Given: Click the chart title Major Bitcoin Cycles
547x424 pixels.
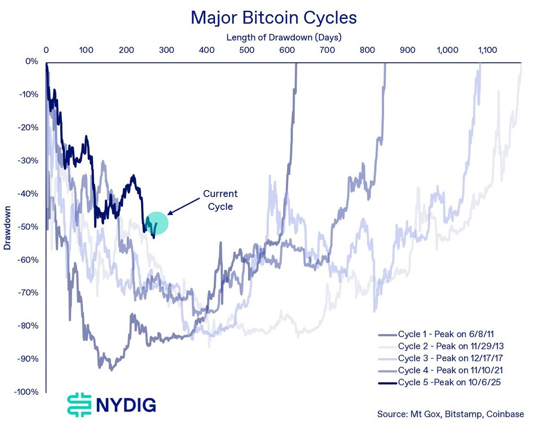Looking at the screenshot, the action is [274, 17].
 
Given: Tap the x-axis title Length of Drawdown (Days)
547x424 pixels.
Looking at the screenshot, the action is [284, 37].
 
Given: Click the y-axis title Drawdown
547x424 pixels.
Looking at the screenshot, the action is [7, 227].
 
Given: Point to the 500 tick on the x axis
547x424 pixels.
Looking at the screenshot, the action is [247, 50].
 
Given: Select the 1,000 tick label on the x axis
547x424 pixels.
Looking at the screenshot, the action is [447, 50].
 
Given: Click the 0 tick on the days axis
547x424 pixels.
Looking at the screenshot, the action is [46, 50].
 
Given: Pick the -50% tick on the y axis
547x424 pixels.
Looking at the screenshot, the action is [28, 227].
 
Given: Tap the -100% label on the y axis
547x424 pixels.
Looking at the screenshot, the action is [26, 392].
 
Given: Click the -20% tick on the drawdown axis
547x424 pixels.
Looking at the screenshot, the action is [28, 127].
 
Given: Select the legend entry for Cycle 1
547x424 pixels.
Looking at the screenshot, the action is [436, 334].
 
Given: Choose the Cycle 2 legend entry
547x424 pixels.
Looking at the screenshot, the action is [441, 346].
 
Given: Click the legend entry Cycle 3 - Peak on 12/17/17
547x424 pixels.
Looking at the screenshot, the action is [440, 358].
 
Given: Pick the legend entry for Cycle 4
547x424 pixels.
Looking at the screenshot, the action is [440, 370].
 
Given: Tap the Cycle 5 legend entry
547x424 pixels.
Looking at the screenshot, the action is [439, 382].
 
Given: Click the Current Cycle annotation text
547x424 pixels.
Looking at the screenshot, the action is [221, 200].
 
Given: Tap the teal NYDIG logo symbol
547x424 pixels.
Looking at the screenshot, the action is [80, 405].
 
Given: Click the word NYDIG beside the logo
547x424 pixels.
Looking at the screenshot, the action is [126, 406].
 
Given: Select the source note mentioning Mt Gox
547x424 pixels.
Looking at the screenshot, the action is [450, 414].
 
